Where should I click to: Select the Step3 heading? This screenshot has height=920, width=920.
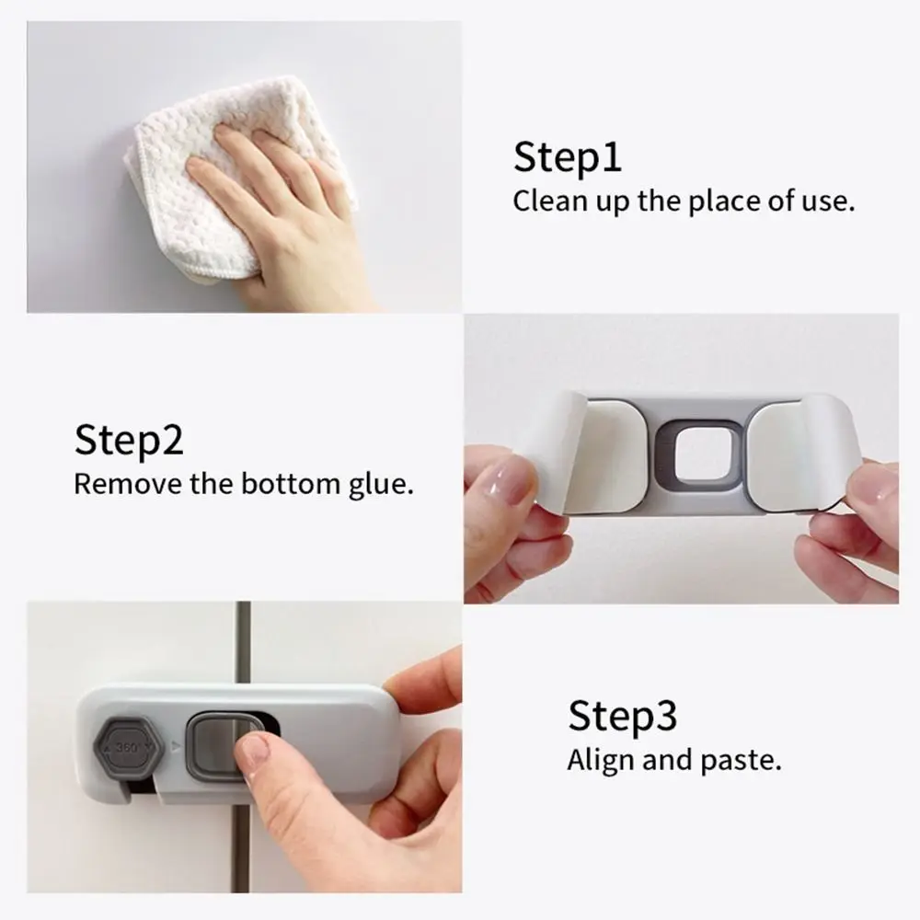click(622, 715)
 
